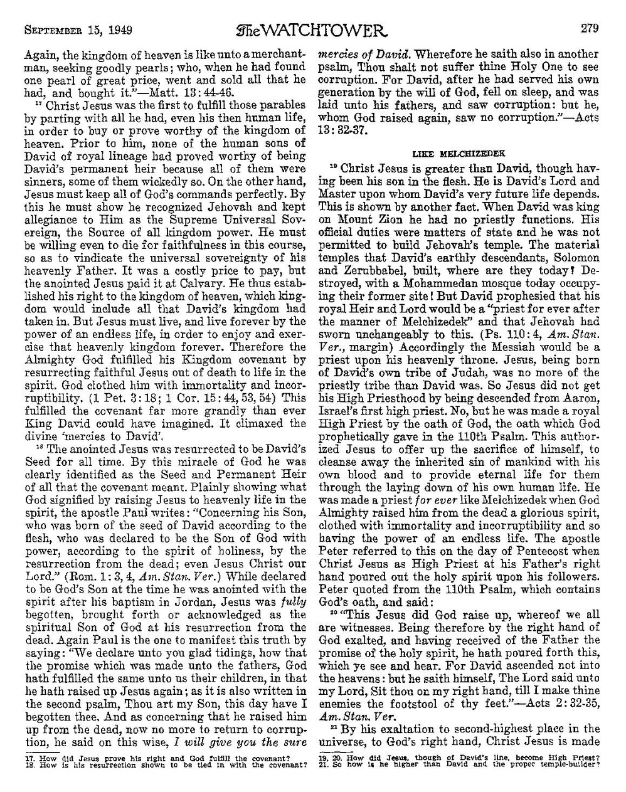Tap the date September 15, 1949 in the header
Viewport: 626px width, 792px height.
[73, 12]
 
